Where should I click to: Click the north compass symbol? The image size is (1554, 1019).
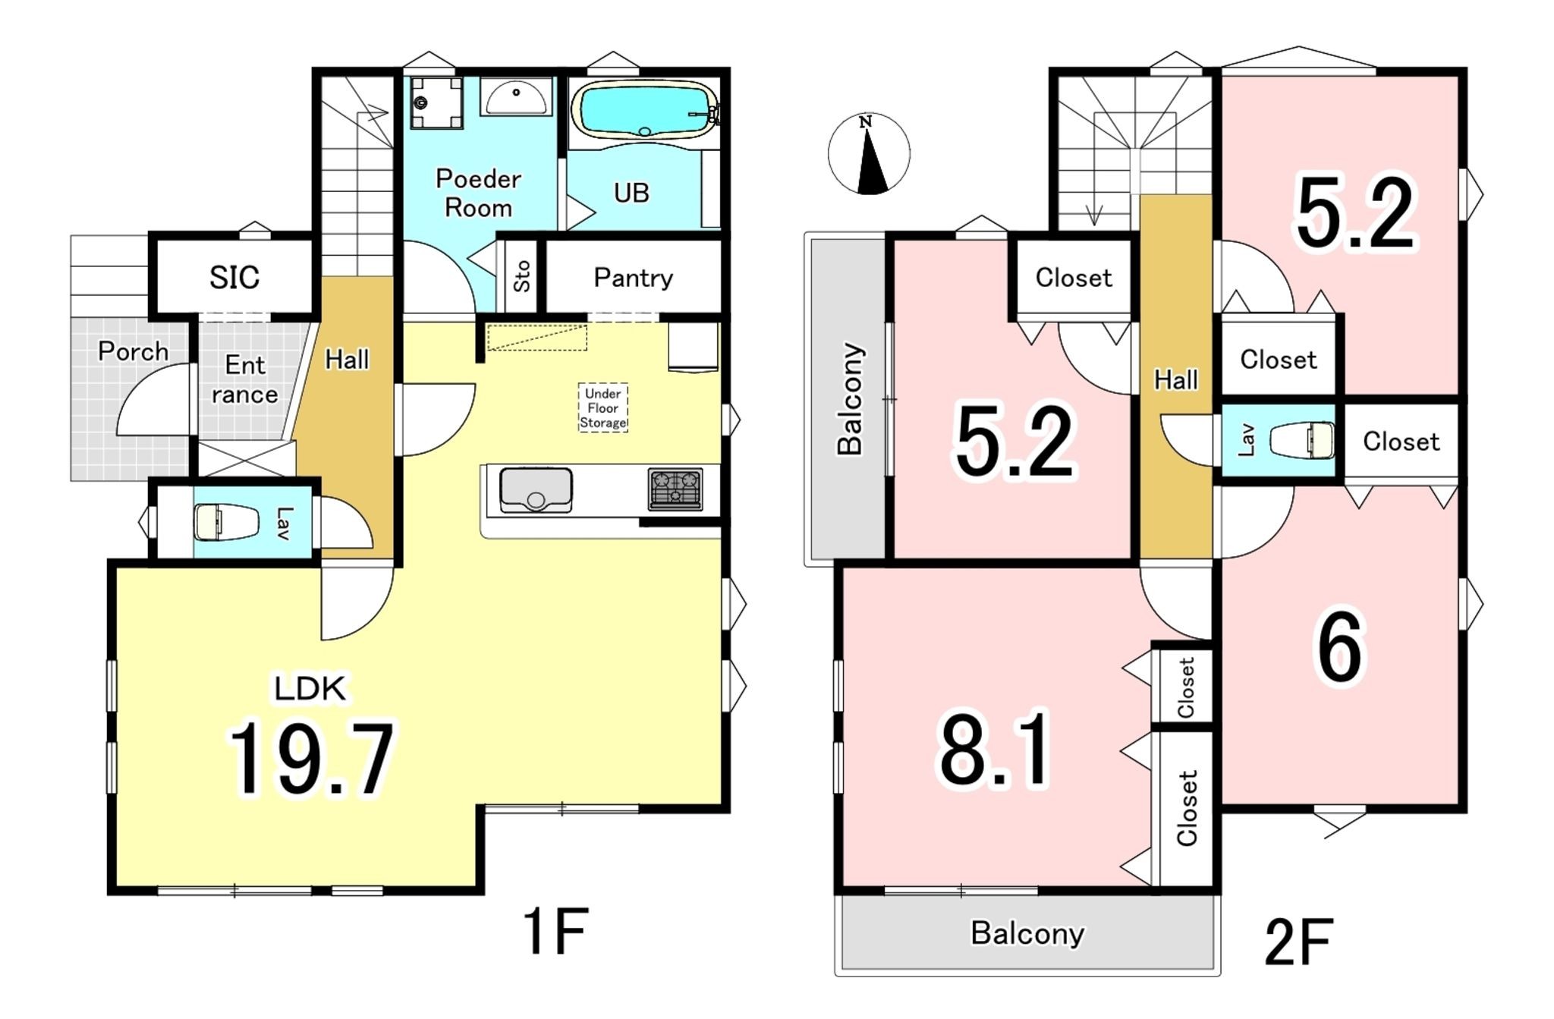tap(869, 154)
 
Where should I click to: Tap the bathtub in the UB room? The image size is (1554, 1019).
tap(643, 110)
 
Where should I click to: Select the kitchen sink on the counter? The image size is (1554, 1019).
tap(536, 490)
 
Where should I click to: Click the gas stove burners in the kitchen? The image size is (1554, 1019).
tap(675, 489)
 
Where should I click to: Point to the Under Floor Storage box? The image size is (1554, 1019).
tap(603, 407)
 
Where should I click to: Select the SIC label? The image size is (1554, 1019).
tap(234, 278)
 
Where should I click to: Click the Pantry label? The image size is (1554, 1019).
tap(633, 278)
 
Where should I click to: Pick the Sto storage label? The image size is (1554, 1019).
tap(521, 276)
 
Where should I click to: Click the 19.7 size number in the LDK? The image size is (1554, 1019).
tap(311, 759)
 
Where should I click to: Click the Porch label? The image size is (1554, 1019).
tap(133, 351)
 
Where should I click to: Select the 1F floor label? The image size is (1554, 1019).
tap(555, 932)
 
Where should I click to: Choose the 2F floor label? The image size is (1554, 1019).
tap(1298, 942)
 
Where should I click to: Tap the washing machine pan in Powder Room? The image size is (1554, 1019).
tap(436, 102)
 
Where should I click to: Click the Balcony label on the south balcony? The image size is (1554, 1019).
tap(1027, 933)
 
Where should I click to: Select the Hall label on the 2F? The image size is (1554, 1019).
tap(1175, 379)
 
